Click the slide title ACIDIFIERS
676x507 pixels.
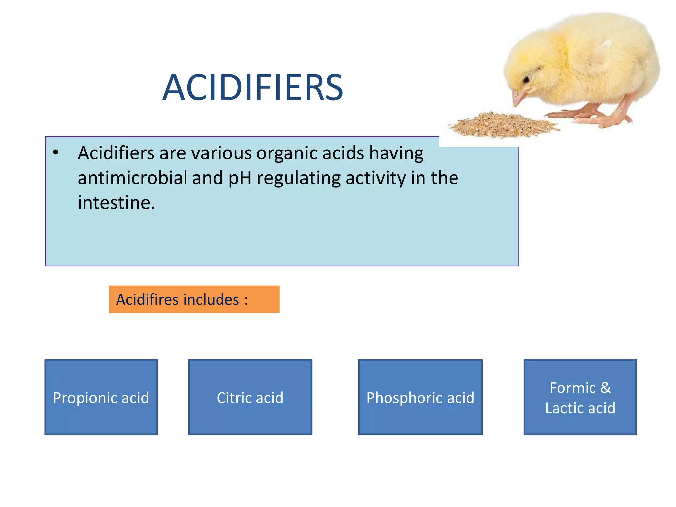[253, 88]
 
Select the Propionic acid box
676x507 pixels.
[101, 397]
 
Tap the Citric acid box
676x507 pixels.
[250, 397]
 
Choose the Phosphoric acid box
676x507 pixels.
[420, 397]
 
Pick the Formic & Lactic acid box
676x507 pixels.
[580, 397]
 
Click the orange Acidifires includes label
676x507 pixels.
[194, 299]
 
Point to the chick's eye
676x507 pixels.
[526, 80]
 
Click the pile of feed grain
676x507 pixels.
[502, 125]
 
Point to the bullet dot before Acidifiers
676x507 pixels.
[56, 152]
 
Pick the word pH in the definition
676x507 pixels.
[240, 178]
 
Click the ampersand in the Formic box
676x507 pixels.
[605, 388]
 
